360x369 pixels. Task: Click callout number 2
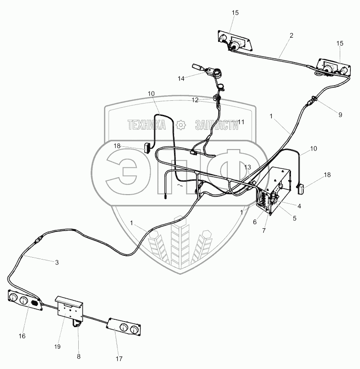pos(291,35)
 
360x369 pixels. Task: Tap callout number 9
pos(340,115)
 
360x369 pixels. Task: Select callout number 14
pos(180,79)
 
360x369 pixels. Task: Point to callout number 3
pos(57,263)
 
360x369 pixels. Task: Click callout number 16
pos(22,336)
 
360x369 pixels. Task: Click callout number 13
pos(248,167)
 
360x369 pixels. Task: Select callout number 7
pos(264,230)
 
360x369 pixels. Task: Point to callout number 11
pos(241,121)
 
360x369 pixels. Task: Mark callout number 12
pos(195,100)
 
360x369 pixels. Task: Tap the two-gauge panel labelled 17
pos(123,329)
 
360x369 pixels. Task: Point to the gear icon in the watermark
pos(181,124)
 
